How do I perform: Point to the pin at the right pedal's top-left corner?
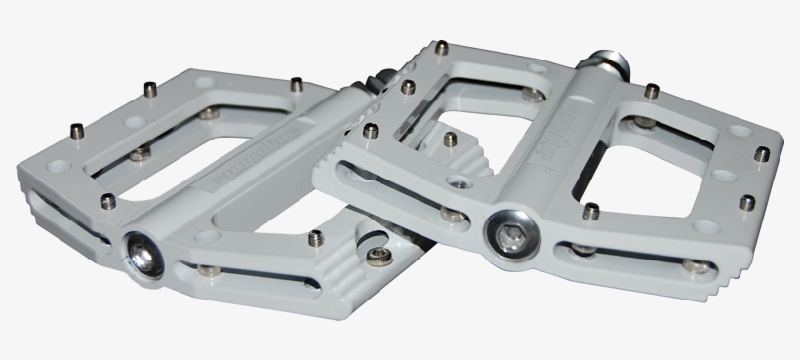pyautogui.click(x=442, y=46)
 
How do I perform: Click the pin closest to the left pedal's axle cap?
pyautogui.click(x=108, y=202)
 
